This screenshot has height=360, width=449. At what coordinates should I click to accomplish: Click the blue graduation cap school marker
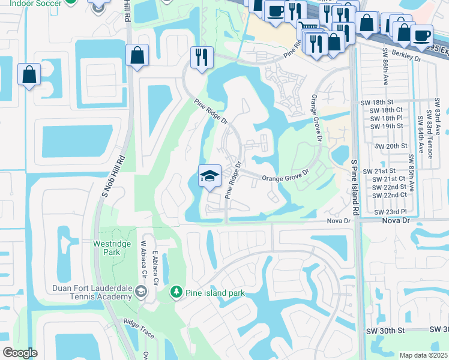(209, 176)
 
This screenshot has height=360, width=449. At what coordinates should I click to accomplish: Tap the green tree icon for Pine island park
(176, 292)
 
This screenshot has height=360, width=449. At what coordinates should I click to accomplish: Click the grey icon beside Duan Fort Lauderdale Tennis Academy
(141, 292)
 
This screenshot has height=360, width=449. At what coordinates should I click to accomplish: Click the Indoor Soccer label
(28, 4)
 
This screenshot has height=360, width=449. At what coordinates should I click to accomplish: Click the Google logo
(20, 352)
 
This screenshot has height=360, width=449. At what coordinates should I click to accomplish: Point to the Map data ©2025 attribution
(423, 355)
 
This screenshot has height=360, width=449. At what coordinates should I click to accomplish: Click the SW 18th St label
(386, 103)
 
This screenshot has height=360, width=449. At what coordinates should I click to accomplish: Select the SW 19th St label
(386, 126)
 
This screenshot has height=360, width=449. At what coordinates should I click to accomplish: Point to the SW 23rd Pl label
(390, 212)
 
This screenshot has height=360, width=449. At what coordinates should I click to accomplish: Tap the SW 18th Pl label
(386, 118)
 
